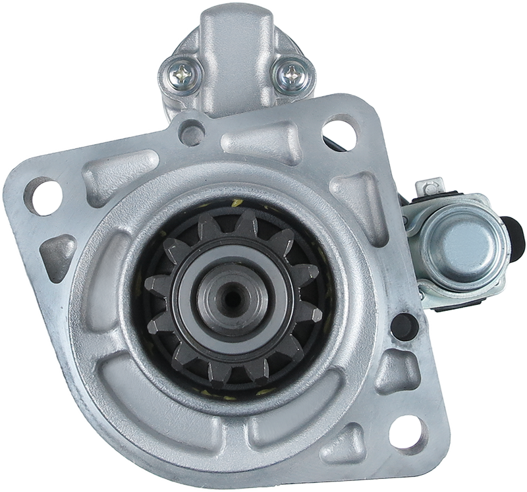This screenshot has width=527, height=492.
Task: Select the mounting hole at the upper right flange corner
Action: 340,132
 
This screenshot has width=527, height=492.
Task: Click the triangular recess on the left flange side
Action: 58,254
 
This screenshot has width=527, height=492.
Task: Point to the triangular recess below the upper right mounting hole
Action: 360,198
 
